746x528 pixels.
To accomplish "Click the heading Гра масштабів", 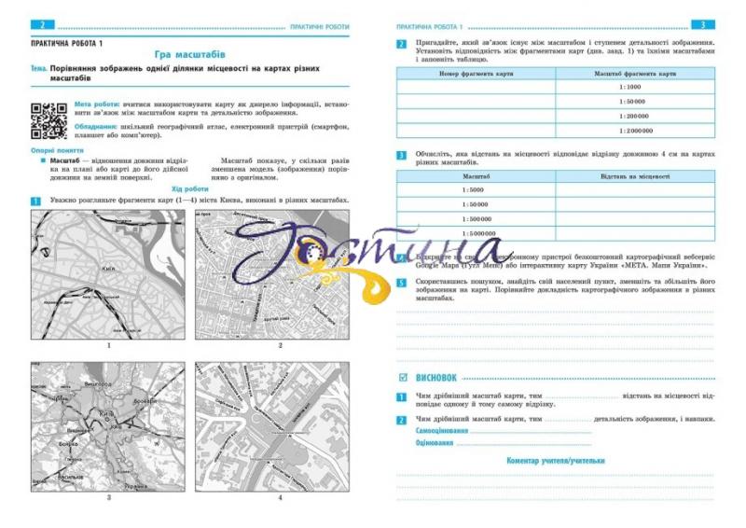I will pos(190,55).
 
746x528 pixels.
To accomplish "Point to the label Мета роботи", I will pos(97,104).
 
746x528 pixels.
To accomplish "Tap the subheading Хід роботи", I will pos(190,189).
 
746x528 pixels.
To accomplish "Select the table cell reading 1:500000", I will pos(476,219).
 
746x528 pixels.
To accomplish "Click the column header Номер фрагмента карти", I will pos(477,73).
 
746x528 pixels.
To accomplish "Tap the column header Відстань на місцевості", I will pos(635,175).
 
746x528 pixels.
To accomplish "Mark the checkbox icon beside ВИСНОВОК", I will pos(403,378).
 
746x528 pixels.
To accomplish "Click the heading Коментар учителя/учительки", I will pos(556,461).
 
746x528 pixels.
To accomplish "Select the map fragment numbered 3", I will pos(109,426).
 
